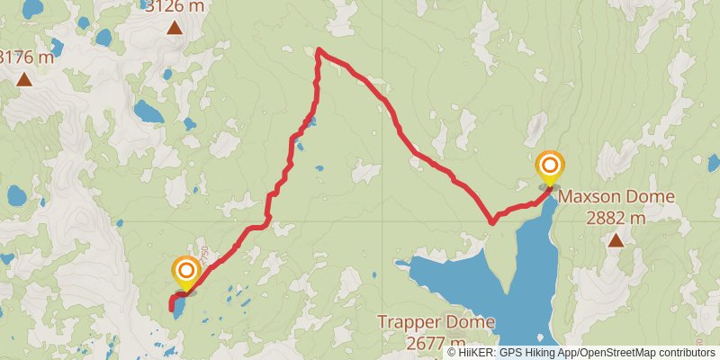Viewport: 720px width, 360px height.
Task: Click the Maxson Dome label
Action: click(616, 196)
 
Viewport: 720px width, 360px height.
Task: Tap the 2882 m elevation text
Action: click(616, 217)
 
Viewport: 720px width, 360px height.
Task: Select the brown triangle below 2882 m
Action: click(616, 240)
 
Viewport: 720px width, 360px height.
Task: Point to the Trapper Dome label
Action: click(436, 322)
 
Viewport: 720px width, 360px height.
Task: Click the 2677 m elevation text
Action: click(436, 343)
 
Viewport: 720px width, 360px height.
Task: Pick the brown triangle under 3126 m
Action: click(174, 28)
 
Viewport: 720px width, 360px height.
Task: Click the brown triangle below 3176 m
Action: click(24, 80)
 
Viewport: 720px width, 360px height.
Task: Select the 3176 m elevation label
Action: click(25, 58)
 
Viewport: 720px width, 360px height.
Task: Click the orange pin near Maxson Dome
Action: click(549, 166)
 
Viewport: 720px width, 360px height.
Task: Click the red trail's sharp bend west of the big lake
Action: click(491, 221)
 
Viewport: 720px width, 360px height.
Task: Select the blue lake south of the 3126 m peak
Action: click(148, 112)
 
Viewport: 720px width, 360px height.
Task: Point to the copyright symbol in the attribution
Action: click(453, 353)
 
